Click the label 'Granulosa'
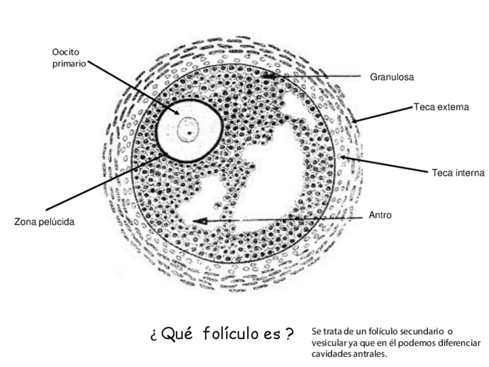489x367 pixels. (392, 76)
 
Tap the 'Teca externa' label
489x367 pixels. (441, 107)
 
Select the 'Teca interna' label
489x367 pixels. (458, 173)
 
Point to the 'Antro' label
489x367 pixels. (380, 215)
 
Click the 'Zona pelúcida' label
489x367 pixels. (44, 222)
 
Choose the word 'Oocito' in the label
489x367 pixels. (65, 53)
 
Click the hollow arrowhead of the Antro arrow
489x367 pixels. (200, 220)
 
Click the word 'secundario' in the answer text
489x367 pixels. (423, 331)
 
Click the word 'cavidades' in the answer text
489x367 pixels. (330, 354)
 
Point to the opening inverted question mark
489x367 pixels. (154, 335)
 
